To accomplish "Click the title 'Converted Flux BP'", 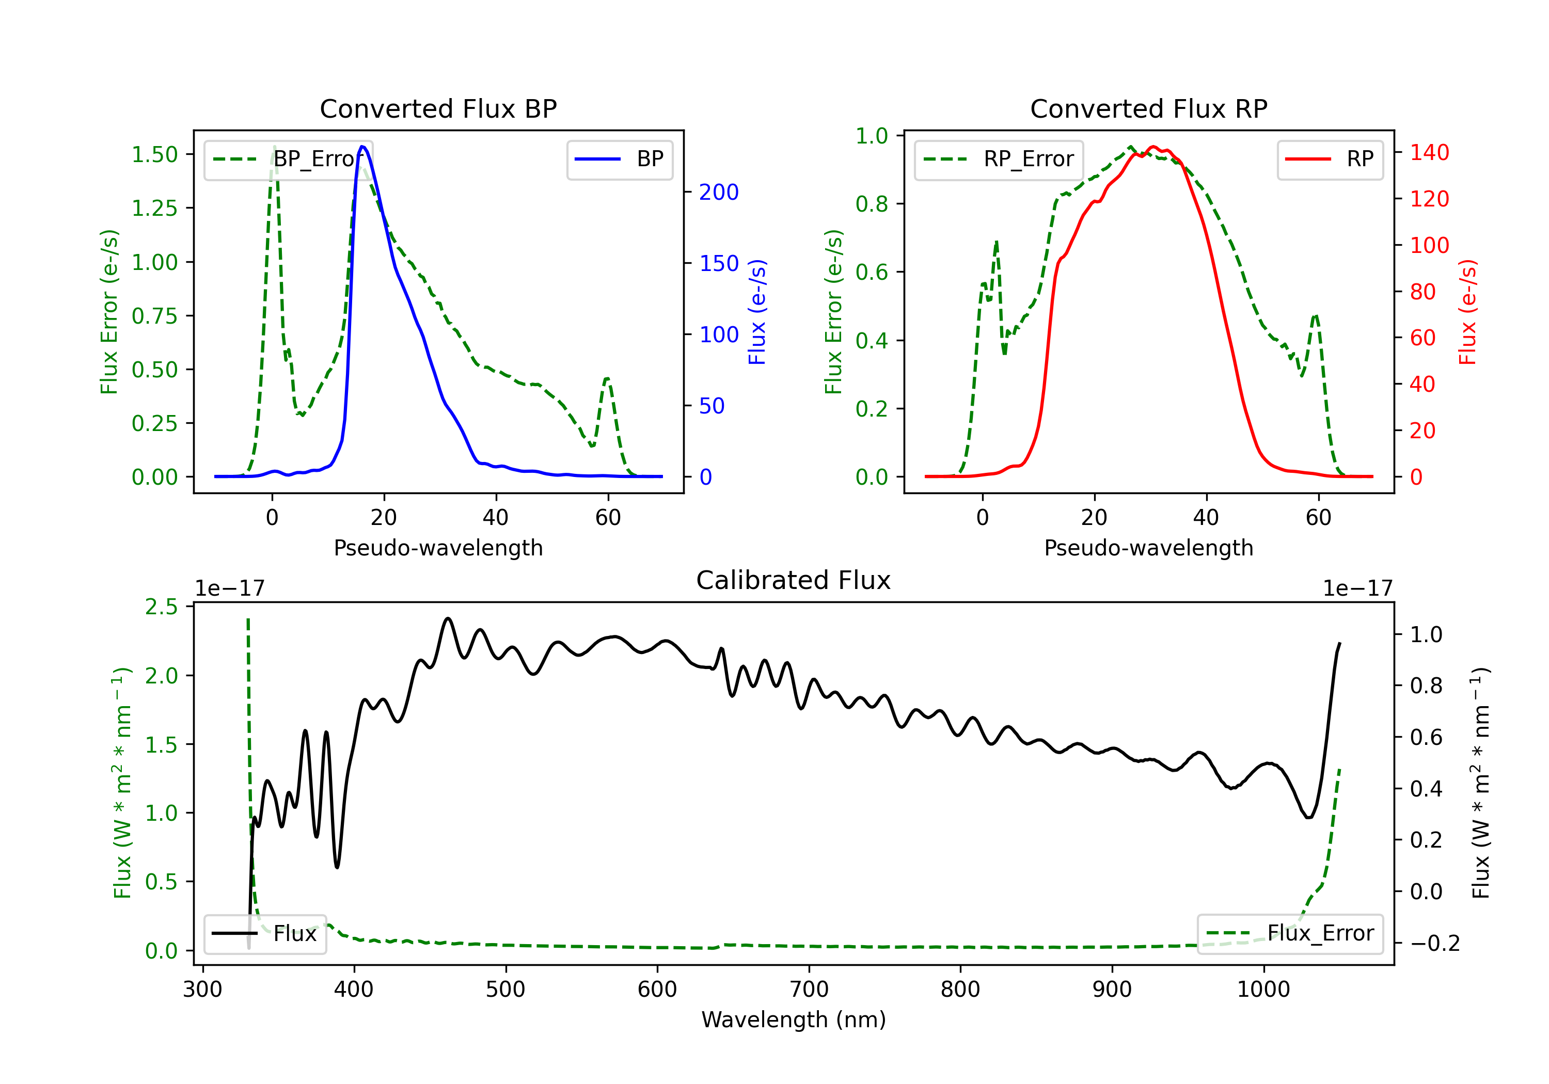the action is [438, 108].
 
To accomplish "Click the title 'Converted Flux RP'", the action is [1148, 108].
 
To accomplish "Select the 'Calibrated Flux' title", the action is [794, 580].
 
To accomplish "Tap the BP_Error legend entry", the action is [288, 159].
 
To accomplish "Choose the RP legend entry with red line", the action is [1330, 159].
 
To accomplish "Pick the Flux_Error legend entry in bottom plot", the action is [1290, 934].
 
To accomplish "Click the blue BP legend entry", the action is [619, 159].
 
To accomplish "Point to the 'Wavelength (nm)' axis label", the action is [794, 1019].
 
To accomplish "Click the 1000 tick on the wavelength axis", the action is [1263, 990].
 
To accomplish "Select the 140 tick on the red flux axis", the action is [1429, 152].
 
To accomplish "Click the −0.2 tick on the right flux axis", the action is [1434, 943].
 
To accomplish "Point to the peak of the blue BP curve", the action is [362, 147].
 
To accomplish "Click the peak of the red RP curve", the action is [1153, 147].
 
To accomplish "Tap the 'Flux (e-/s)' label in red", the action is [1467, 312].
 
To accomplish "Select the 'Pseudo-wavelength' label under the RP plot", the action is [1148, 548].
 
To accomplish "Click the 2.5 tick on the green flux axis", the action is [161, 607].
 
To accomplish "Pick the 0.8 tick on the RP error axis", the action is [872, 204].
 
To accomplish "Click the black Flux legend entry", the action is [264, 934].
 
